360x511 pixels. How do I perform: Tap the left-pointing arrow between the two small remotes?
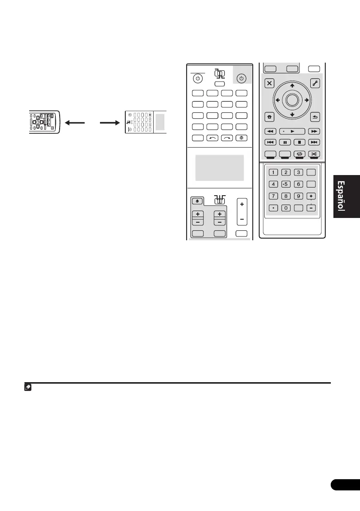click(74, 122)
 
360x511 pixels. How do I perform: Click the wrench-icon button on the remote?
click(314, 84)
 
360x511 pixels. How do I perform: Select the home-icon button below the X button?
click(270, 117)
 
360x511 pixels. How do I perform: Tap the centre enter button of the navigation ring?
click(292, 100)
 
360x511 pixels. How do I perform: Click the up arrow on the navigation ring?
click(292, 86)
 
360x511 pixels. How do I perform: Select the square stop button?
click(300, 142)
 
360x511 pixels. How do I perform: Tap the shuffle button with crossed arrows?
click(315, 153)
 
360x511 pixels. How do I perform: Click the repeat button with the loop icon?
click(299, 153)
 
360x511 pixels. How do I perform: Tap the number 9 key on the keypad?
click(299, 196)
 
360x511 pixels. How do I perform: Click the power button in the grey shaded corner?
click(241, 79)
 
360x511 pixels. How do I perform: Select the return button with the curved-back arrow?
click(314, 117)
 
